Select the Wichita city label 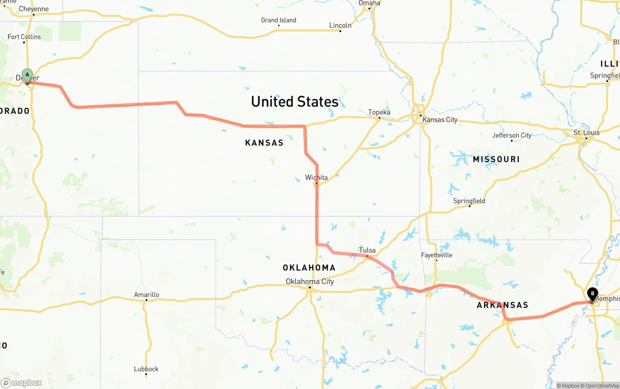coord(316,177)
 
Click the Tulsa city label coord(367,250)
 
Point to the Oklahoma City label coord(310,281)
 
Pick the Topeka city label coord(379,112)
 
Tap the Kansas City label coord(439,119)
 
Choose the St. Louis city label coord(586,132)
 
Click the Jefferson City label coord(511,135)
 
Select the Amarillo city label coord(146,294)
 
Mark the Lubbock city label coord(146,369)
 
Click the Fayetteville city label coord(436,254)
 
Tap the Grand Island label coord(279,20)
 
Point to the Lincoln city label coord(340,25)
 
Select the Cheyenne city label coord(33,9)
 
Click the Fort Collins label coord(24,36)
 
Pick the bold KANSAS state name coord(264,142)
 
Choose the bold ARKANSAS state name coord(502,305)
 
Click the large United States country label coord(294,101)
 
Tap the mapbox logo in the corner coord(21,383)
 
